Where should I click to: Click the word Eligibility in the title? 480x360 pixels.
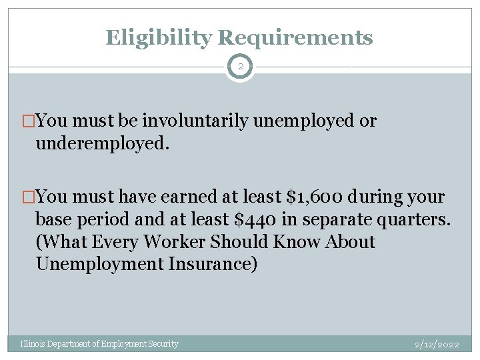(x=158, y=37)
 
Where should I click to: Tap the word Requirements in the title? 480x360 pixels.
(x=295, y=37)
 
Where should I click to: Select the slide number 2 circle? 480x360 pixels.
(x=240, y=67)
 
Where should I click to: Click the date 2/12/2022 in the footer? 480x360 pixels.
(x=437, y=345)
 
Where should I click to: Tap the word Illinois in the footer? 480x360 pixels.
(x=34, y=344)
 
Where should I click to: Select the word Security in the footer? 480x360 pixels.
(x=163, y=344)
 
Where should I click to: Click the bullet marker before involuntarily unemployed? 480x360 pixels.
(x=29, y=121)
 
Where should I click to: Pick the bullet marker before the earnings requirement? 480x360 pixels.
(x=29, y=197)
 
